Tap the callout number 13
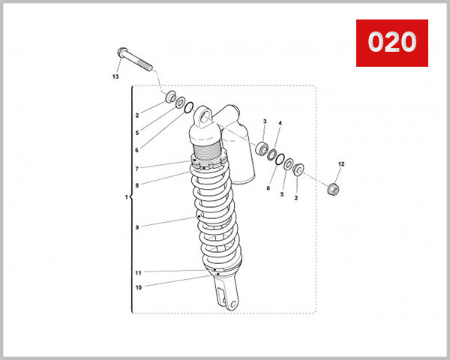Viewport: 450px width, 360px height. click(115, 76)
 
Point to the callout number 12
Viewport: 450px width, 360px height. click(340, 163)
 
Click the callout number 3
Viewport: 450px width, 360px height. click(265, 121)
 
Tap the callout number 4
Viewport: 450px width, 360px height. click(280, 123)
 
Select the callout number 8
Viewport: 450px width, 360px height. click(137, 184)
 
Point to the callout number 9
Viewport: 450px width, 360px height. click(137, 227)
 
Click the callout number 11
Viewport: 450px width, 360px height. click(138, 272)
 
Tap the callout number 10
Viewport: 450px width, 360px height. click(138, 286)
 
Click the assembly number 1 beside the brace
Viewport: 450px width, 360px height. click(126, 198)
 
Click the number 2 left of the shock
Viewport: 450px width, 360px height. click(137, 115)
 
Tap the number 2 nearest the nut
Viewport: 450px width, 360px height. click(295, 198)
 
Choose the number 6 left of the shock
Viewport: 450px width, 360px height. click(137, 150)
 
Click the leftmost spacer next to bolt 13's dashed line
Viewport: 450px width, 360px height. click(170, 97)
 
